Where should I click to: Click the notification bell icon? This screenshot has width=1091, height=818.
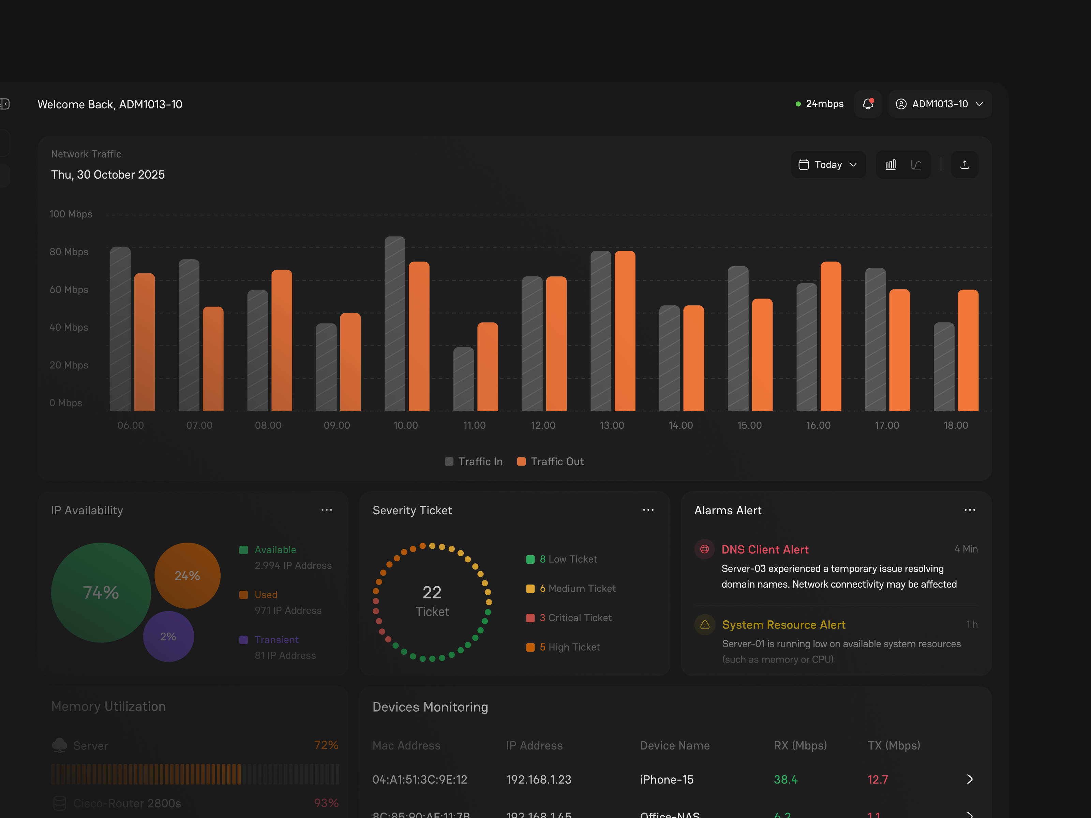(868, 104)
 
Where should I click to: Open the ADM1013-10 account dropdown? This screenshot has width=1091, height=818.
(940, 104)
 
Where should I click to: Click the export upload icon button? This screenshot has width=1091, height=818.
(964, 165)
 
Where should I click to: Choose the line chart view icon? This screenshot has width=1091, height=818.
(916, 165)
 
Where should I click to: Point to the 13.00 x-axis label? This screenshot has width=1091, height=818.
(612, 425)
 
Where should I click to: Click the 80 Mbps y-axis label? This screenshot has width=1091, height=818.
(69, 252)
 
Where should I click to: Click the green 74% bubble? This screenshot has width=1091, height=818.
(101, 592)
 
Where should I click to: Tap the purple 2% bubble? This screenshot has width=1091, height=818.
(168, 637)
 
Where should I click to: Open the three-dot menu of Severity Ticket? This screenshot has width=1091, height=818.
(648, 510)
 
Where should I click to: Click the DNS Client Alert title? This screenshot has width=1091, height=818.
(764, 549)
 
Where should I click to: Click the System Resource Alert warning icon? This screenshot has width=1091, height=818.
(705, 625)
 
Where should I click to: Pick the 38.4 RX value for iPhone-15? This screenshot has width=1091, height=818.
(785, 779)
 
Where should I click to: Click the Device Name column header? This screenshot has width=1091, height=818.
(674, 745)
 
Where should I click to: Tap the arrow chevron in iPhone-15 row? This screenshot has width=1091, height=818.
(969, 779)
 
